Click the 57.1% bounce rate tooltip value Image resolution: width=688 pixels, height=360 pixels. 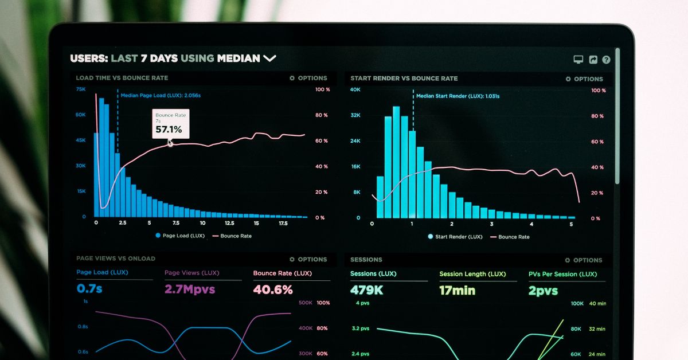coord(169,130)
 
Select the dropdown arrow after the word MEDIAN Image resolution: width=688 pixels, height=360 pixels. coord(269,58)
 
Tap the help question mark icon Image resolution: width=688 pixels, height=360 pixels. coord(606,60)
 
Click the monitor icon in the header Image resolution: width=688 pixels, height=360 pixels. coord(578,60)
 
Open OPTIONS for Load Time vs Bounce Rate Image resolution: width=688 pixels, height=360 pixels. coord(308,78)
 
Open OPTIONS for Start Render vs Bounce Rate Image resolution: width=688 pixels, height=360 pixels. coord(584,79)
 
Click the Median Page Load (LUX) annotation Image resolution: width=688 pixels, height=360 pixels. coord(161,95)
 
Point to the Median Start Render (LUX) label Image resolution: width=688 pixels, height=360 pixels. coord(458,96)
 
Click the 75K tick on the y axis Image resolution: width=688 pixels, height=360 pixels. coord(81,89)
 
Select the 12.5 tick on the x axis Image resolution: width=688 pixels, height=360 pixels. coord(229,223)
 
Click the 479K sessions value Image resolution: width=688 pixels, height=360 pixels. coord(367,290)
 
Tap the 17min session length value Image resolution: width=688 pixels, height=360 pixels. coord(457,290)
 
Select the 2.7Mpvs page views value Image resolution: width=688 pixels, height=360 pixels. coord(190,289)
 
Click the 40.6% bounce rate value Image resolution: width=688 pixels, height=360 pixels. coord(273,289)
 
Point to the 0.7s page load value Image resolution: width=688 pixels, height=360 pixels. coord(89,288)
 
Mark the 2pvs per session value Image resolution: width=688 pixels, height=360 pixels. coord(543,291)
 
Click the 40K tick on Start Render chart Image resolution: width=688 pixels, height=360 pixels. coord(355,89)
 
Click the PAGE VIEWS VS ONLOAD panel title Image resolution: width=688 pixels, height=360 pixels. coord(116,259)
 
